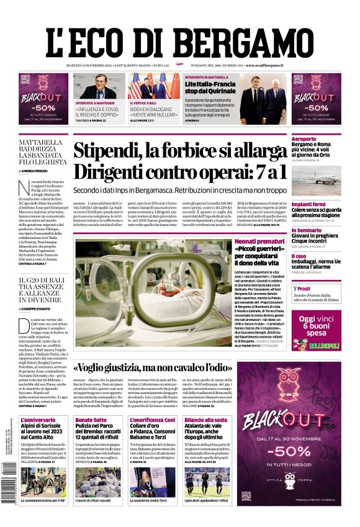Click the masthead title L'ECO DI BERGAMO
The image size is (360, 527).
tap(179, 39)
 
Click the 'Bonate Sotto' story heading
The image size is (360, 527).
tap(90, 420)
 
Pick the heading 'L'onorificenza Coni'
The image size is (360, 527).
tap(152, 420)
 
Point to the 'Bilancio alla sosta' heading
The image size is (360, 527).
tap(205, 420)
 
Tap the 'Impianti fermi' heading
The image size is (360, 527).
tap(309, 204)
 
